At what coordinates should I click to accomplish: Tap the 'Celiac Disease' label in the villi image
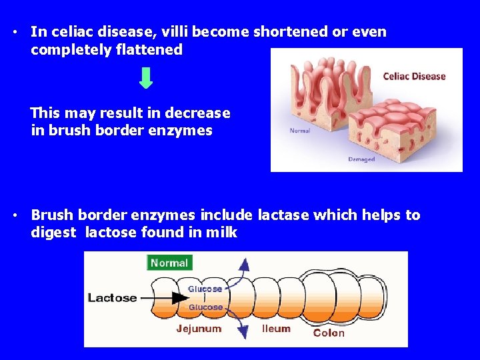414,76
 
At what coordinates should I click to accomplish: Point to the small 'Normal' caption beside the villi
299,131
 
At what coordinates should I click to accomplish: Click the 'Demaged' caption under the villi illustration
361,159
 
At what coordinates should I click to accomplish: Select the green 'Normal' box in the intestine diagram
169,263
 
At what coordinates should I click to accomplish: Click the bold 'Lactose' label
112,298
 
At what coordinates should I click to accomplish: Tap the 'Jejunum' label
199,329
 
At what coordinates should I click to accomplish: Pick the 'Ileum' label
276,329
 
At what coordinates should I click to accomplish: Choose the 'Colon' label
329,333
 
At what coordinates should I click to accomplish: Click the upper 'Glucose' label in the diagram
205,289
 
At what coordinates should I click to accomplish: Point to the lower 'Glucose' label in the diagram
205,307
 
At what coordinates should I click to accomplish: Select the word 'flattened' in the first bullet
150,50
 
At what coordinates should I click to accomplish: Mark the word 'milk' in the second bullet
222,233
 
